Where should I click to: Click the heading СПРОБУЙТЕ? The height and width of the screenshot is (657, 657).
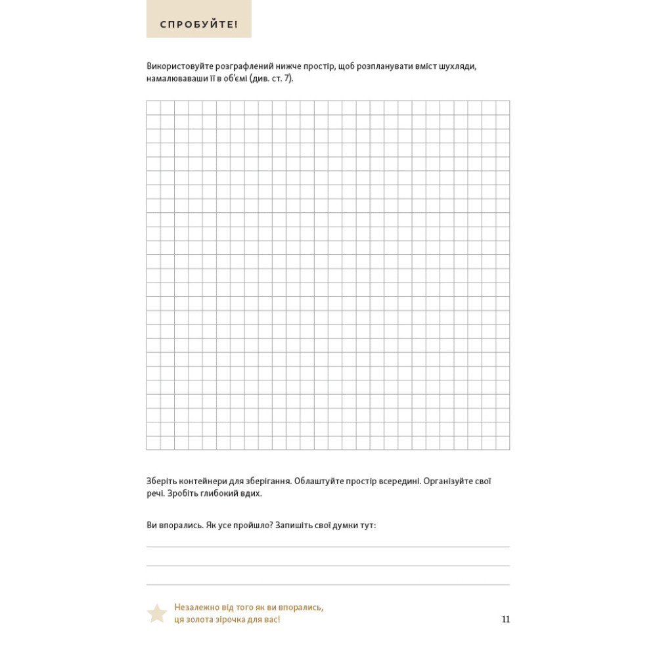coord(198,25)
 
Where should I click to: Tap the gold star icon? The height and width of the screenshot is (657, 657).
coord(157,613)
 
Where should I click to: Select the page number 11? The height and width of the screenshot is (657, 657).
coord(505,620)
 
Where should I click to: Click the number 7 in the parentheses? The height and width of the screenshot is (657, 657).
coord(286,79)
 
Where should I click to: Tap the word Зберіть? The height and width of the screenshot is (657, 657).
coord(162,481)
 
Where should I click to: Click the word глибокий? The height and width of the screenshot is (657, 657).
coord(219,493)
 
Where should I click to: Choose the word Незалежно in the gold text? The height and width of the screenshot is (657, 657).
coord(196,608)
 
